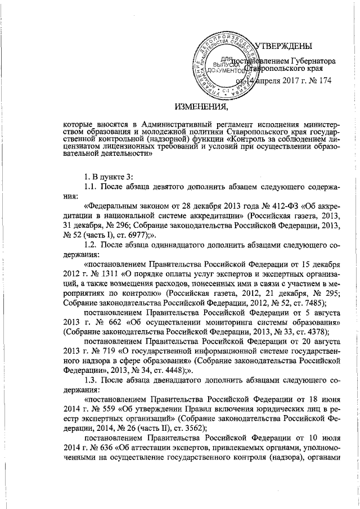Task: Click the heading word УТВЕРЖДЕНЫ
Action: click(285, 46)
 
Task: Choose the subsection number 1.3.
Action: click(91, 380)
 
